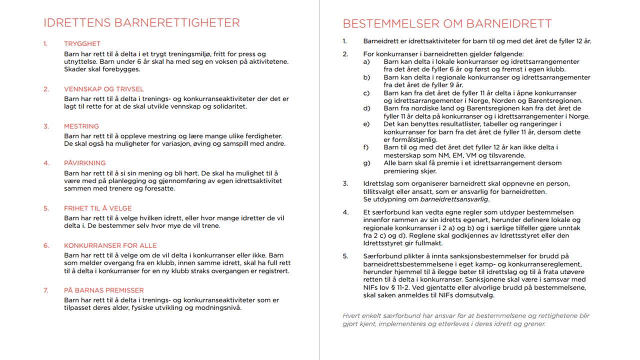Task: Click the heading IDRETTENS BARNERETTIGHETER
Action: point(141,23)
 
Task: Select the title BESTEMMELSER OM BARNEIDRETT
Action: point(447,23)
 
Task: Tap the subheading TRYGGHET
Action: point(82,44)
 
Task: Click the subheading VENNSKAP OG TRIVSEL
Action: point(103,89)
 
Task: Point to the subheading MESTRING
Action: point(81,126)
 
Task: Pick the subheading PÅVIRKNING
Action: point(84,163)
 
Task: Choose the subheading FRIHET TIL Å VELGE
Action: point(97,208)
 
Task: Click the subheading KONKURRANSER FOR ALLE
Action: point(110,245)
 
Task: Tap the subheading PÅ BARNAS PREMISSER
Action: point(103,290)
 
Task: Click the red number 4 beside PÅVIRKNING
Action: point(46,163)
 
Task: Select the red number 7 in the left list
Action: point(46,290)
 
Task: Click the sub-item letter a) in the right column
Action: point(366,62)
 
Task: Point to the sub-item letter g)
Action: point(366,163)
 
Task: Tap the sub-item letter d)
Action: point(366,108)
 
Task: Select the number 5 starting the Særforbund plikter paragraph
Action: point(345,256)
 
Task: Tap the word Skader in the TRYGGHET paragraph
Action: point(74,69)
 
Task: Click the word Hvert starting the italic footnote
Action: point(351,316)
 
